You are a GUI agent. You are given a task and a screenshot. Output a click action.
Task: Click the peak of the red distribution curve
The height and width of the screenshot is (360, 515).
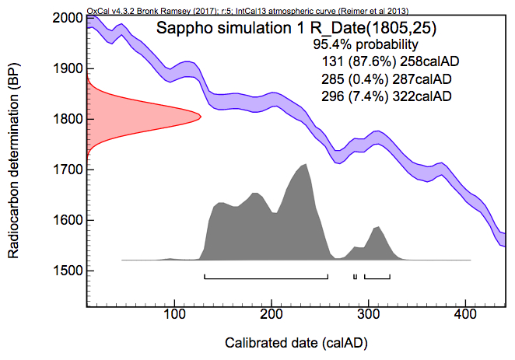tap(200, 117)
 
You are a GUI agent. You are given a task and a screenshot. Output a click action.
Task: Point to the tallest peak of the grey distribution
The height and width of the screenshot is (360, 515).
tap(306, 165)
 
